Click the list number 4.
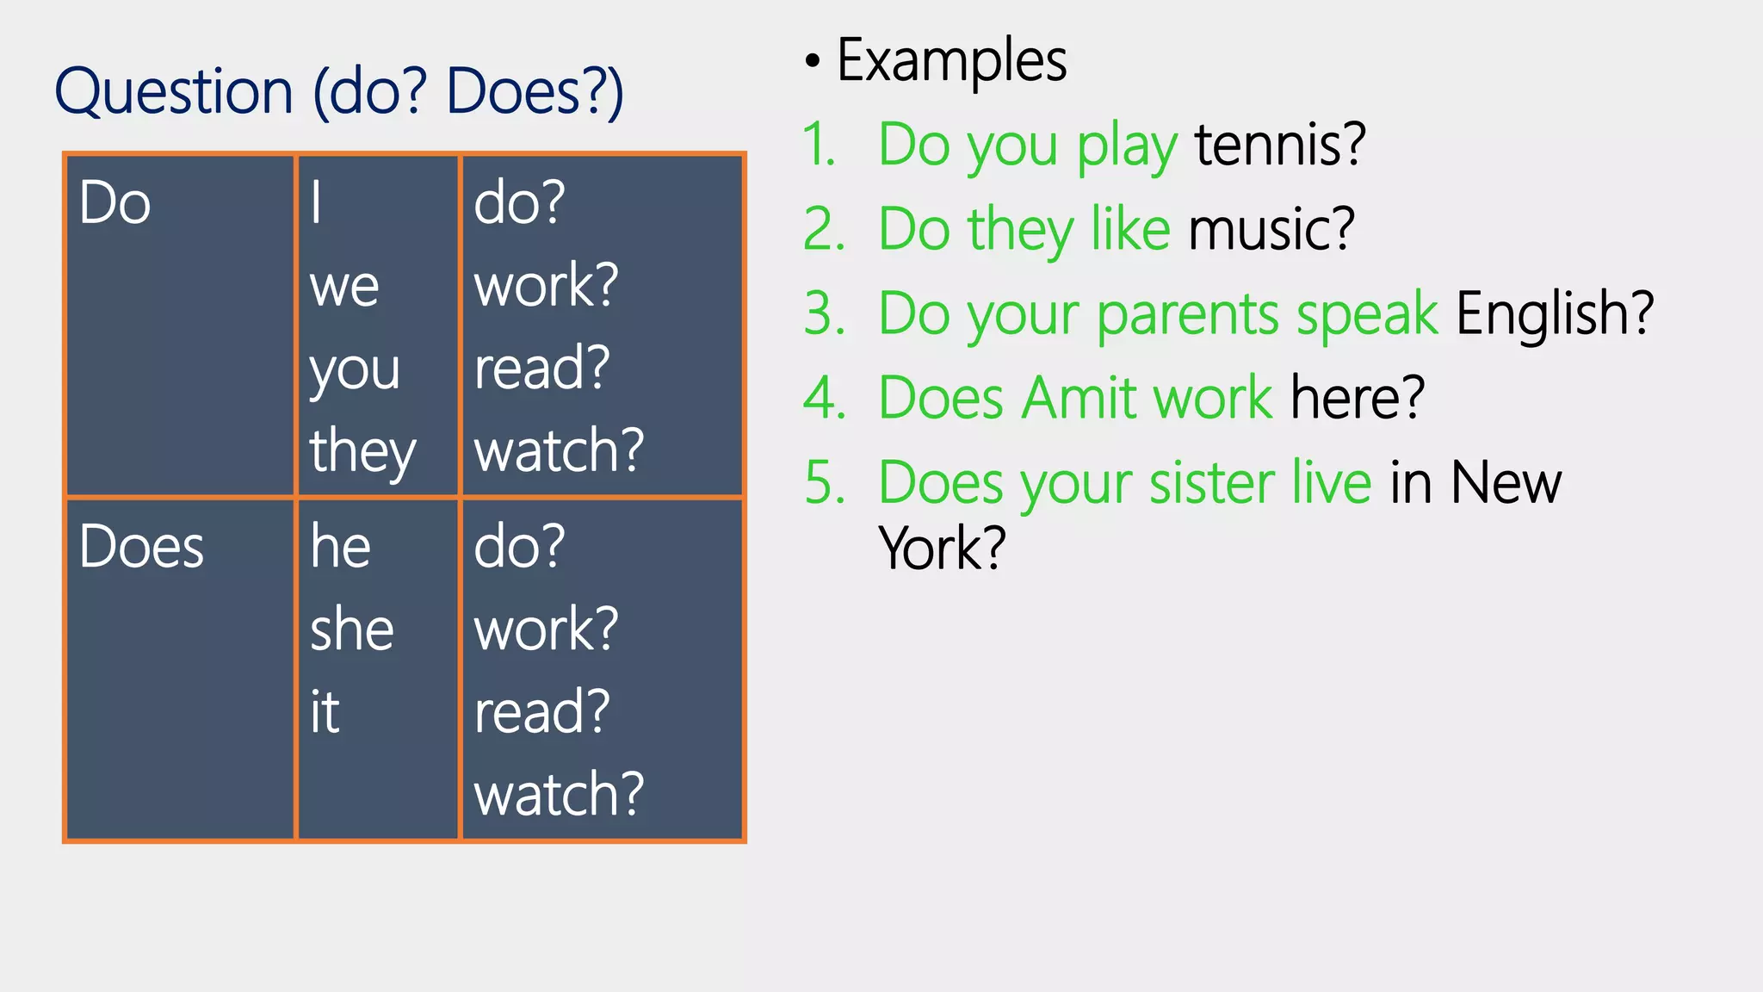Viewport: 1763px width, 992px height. click(825, 398)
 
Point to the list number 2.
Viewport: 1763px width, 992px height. click(825, 229)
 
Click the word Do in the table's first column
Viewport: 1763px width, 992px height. click(114, 203)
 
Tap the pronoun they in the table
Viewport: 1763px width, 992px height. click(362, 451)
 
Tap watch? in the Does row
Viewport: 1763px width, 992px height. click(559, 794)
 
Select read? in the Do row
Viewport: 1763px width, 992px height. click(541, 369)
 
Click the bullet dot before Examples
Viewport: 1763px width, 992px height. click(813, 61)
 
